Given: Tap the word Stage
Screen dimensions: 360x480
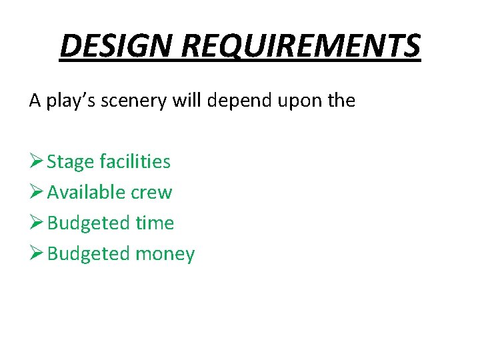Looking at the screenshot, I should [x=71, y=162].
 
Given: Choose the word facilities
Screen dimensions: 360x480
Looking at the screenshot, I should [x=135, y=162].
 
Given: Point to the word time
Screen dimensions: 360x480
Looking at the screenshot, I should [x=154, y=223].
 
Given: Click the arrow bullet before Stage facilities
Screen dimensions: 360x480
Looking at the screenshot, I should [x=36, y=161].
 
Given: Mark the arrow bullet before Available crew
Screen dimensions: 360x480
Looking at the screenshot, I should [x=36, y=192].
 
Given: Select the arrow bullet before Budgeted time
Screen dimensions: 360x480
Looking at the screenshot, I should [x=36, y=223].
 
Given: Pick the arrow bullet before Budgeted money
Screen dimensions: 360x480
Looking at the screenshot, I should [x=36, y=253].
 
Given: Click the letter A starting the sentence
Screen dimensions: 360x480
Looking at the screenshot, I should [x=35, y=101].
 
